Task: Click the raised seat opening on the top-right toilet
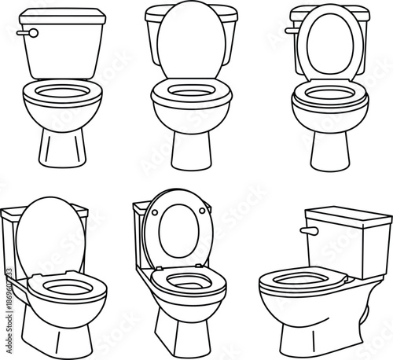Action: pyautogui.click(x=326, y=49)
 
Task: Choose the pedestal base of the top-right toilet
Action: pyautogui.click(x=326, y=150)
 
